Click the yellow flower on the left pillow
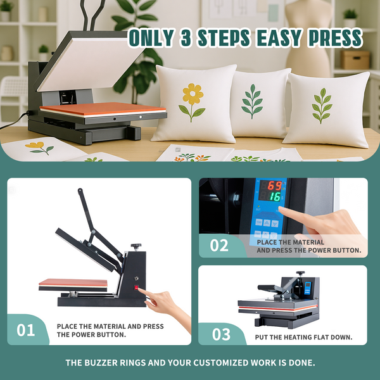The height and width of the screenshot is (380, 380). [x=193, y=95]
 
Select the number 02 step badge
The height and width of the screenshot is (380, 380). [x=219, y=245]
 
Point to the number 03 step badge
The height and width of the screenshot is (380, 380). [x=221, y=333]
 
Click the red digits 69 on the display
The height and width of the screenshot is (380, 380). [x=274, y=186]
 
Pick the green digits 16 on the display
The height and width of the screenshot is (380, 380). [x=274, y=197]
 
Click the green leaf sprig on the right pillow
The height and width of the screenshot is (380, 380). [x=322, y=105]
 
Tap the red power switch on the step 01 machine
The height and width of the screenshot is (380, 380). [x=136, y=287]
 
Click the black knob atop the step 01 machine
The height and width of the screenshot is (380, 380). [x=136, y=246]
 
